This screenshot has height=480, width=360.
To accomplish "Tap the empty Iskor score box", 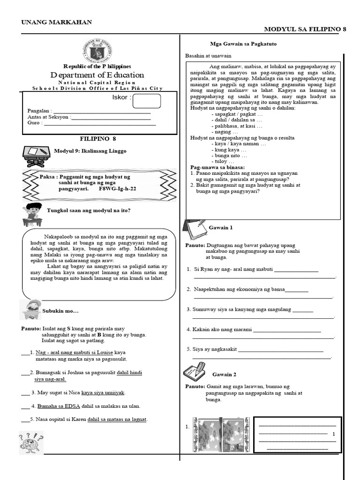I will click(146, 101).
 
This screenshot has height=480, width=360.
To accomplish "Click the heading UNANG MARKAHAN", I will click(57, 22).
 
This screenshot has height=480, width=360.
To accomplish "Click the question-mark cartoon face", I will click(31, 442).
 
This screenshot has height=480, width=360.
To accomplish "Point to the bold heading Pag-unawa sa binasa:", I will click(217, 167).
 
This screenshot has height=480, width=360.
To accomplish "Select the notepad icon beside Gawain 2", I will click(194, 373).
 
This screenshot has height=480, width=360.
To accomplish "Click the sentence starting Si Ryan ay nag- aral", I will click(230, 269).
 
